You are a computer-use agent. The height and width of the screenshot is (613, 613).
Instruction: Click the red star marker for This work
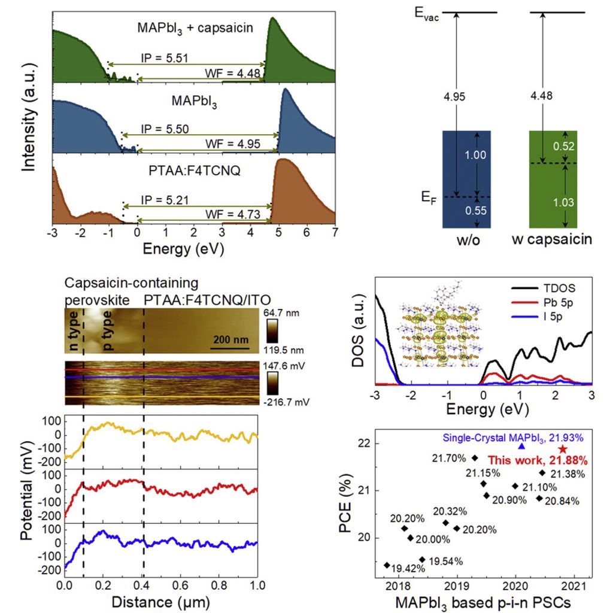pos(563,449)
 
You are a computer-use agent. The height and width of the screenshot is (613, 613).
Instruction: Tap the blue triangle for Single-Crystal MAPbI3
pos(521,446)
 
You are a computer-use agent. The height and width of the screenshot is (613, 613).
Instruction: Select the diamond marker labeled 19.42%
pos(387,565)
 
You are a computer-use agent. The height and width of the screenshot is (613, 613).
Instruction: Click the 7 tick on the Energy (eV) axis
pos(335,232)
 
